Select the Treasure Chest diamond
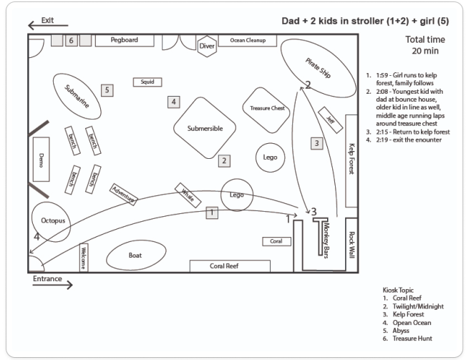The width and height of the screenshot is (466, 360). [266, 108]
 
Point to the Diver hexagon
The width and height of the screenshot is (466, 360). [206, 47]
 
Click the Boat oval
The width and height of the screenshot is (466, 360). [135, 256]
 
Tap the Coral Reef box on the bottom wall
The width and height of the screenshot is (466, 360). [228, 266]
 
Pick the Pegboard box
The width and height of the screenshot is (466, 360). [125, 40]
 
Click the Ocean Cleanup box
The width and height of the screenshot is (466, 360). [248, 41]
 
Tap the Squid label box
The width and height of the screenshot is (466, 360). [147, 82]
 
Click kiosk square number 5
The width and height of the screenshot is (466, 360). [107, 90]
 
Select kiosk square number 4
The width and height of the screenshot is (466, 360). [174, 102]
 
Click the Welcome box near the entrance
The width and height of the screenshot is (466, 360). [83, 257]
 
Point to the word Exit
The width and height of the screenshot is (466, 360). [47, 21]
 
